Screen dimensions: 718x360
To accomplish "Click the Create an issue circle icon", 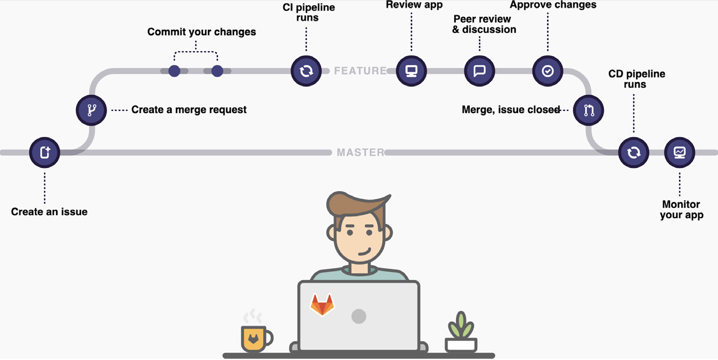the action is click(44, 153).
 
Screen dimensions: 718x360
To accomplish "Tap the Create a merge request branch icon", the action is click(91, 110).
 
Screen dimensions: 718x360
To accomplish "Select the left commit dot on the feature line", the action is click(175, 71).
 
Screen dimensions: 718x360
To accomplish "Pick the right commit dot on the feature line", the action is click(217, 71).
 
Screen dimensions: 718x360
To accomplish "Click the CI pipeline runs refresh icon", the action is click(306, 71).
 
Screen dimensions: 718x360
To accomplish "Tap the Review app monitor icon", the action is click(411, 71).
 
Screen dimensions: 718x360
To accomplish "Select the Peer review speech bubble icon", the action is click(480, 71).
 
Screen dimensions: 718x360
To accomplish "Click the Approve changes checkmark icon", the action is click(548, 71).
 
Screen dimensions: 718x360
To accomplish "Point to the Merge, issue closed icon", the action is click(589, 110).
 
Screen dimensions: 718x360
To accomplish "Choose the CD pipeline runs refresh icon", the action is click(634, 153).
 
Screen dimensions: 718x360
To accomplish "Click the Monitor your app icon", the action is click(679, 153).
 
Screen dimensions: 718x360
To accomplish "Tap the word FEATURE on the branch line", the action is click(360, 71).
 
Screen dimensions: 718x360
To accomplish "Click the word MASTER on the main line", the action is click(361, 152).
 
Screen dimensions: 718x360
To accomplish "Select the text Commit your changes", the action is click(202, 32).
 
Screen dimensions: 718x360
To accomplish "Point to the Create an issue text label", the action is click(50, 212).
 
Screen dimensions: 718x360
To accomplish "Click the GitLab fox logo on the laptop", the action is click(322, 305).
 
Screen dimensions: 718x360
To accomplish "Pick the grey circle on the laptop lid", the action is click(359, 316).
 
